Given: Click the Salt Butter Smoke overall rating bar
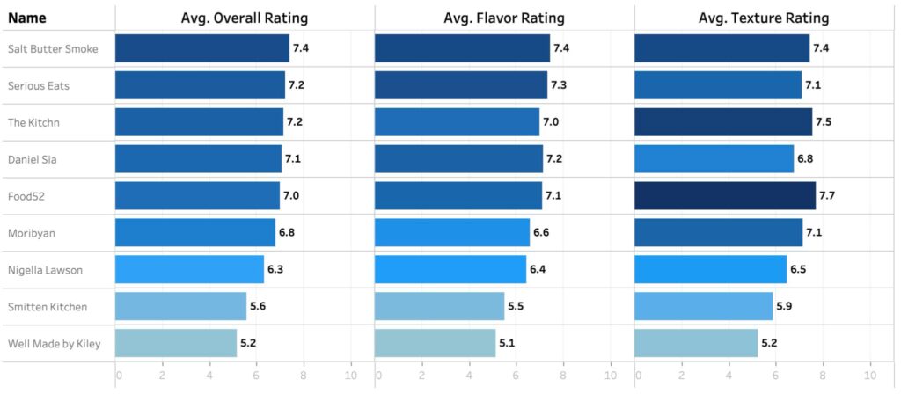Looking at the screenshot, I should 201,48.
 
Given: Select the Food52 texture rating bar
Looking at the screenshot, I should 725,195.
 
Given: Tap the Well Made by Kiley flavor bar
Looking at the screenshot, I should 435,343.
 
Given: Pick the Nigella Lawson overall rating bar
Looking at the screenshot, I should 189,269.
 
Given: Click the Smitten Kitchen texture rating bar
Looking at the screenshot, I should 704,306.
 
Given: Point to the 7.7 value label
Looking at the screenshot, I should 827,195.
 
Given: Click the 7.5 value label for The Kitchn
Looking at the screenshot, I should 824,121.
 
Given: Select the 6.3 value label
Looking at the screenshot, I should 275,269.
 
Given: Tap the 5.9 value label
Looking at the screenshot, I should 785,306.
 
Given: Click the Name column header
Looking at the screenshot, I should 27,18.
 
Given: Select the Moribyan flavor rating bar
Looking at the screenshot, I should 452,232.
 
